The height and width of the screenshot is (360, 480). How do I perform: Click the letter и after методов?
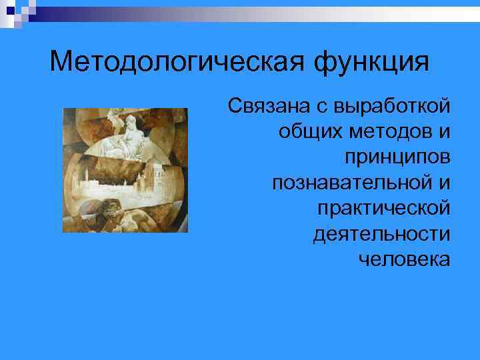point(443,131)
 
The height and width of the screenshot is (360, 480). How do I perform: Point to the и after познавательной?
point(443,182)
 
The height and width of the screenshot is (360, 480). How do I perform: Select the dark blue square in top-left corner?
point(6,5)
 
